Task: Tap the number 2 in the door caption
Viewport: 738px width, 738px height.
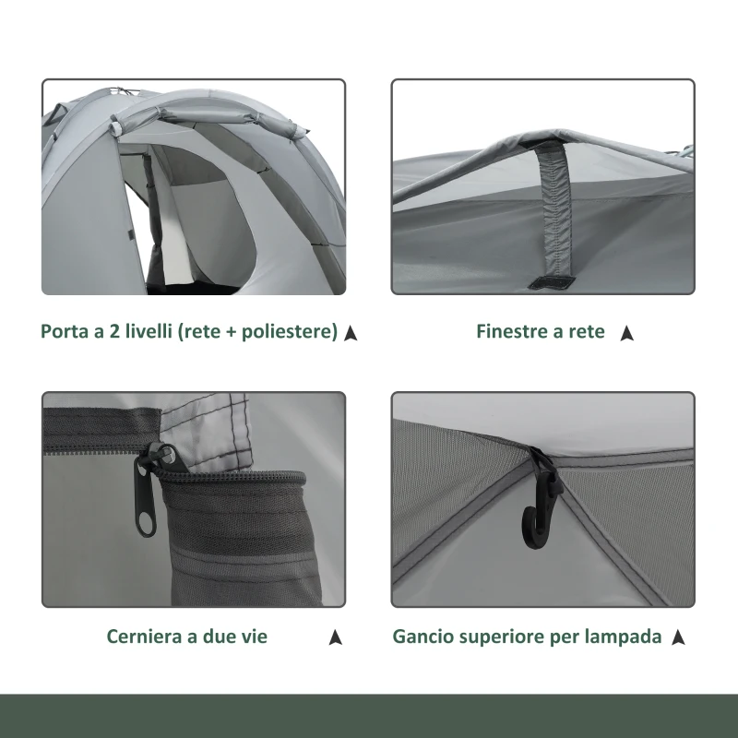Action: [114, 331]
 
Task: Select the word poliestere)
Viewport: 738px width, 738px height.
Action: [290, 331]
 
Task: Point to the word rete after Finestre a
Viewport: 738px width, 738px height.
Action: [587, 332]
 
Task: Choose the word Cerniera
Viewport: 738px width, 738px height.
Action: [144, 637]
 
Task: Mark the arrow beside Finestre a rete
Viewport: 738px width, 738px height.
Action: [626, 333]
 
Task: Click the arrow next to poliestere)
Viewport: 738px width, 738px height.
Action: [351, 333]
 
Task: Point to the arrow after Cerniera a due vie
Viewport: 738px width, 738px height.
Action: [335, 637]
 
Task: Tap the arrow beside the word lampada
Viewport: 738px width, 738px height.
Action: [678, 637]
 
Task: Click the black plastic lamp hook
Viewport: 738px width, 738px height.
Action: [542, 499]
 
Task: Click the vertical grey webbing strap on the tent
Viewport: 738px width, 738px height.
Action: [555, 212]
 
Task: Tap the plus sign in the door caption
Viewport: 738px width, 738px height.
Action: [231, 332]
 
